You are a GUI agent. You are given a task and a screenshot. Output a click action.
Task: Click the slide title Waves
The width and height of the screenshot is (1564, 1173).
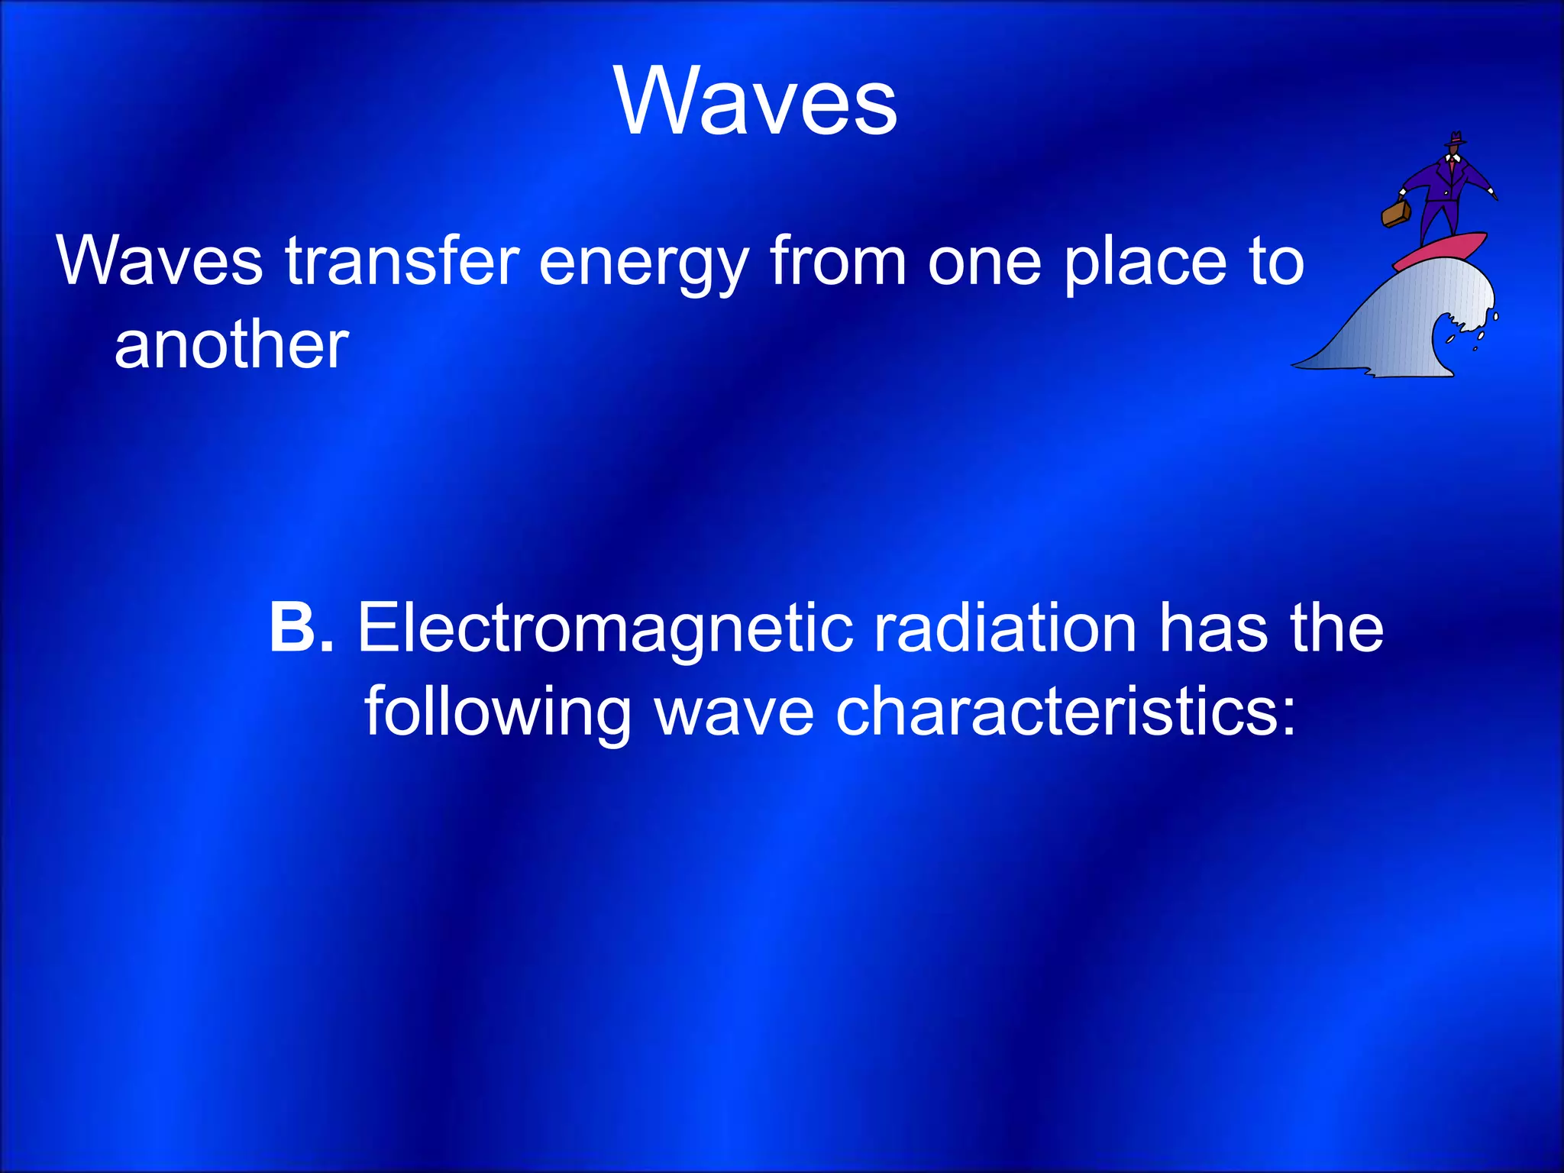click(755, 102)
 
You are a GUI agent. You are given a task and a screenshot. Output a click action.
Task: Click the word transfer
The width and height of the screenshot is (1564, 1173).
click(402, 262)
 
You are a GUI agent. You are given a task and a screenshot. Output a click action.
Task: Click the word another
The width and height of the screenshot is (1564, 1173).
click(231, 345)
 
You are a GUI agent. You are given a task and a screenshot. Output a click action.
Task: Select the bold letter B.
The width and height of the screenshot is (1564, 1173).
click(292, 628)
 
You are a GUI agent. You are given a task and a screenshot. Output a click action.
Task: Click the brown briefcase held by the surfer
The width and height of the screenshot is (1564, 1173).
click(1395, 214)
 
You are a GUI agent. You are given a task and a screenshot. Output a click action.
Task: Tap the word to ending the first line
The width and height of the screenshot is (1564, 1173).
click(1276, 262)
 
